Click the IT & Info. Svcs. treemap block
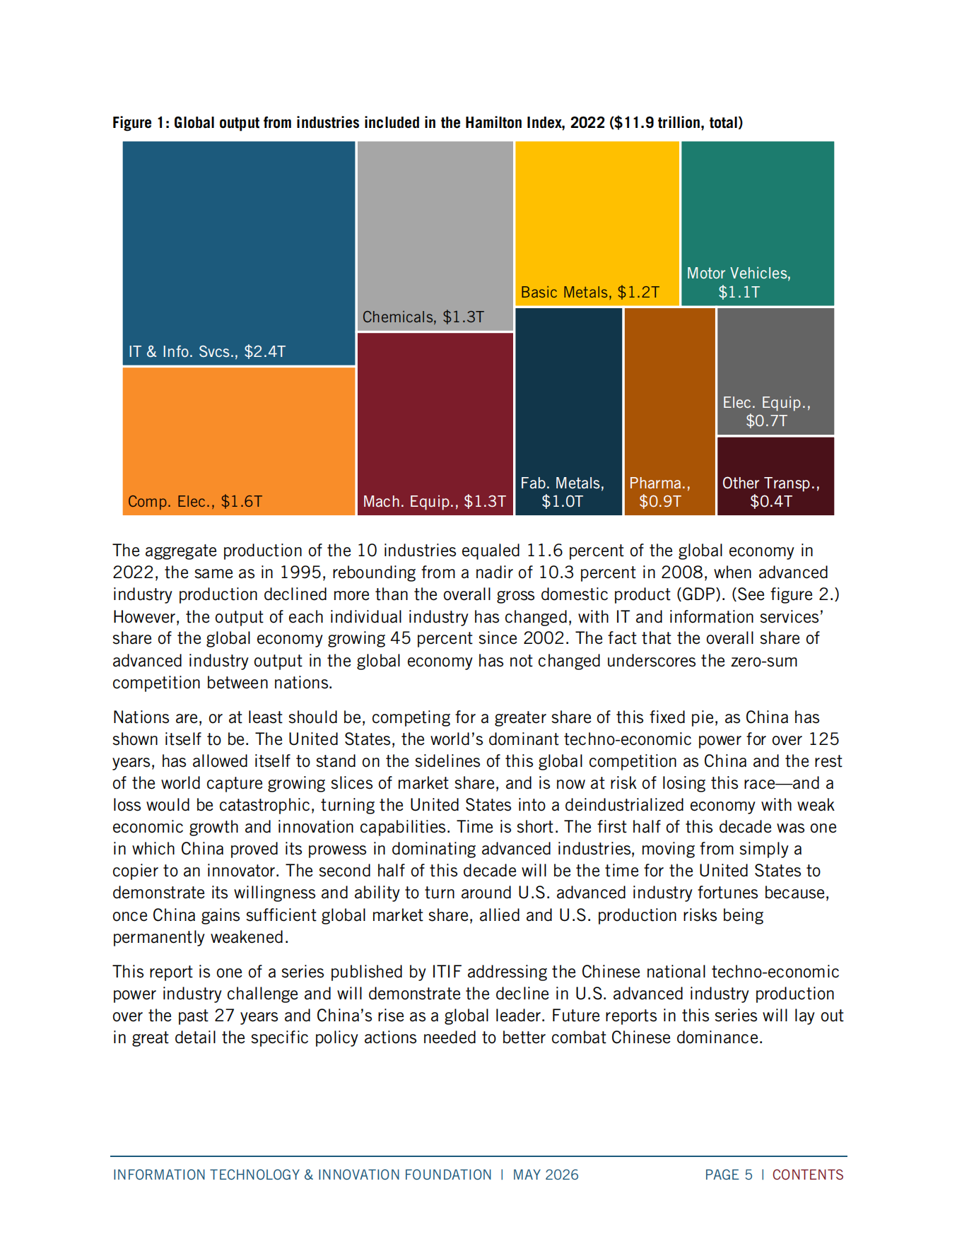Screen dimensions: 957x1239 tap(239, 253)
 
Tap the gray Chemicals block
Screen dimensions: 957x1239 tap(435, 235)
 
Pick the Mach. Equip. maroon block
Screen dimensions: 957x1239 tap(435, 424)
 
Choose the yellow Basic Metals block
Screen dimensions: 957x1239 tap(597, 223)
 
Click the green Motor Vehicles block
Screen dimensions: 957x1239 tap(758, 223)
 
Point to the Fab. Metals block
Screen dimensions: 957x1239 tap(569, 411)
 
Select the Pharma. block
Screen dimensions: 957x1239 tap(670, 411)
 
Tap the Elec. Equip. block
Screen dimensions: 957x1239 tap(776, 371)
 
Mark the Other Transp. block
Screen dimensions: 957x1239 tap(776, 476)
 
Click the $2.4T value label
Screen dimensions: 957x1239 tap(265, 352)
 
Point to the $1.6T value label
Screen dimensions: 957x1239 tap(242, 502)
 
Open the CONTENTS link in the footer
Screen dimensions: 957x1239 tap(808, 1175)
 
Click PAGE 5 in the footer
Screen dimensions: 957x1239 tap(729, 1175)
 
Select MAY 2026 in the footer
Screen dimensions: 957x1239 tap(546, 1175)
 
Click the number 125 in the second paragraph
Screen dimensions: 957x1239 tap(824, 739)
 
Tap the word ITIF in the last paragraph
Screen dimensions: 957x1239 tap(447, 973)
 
